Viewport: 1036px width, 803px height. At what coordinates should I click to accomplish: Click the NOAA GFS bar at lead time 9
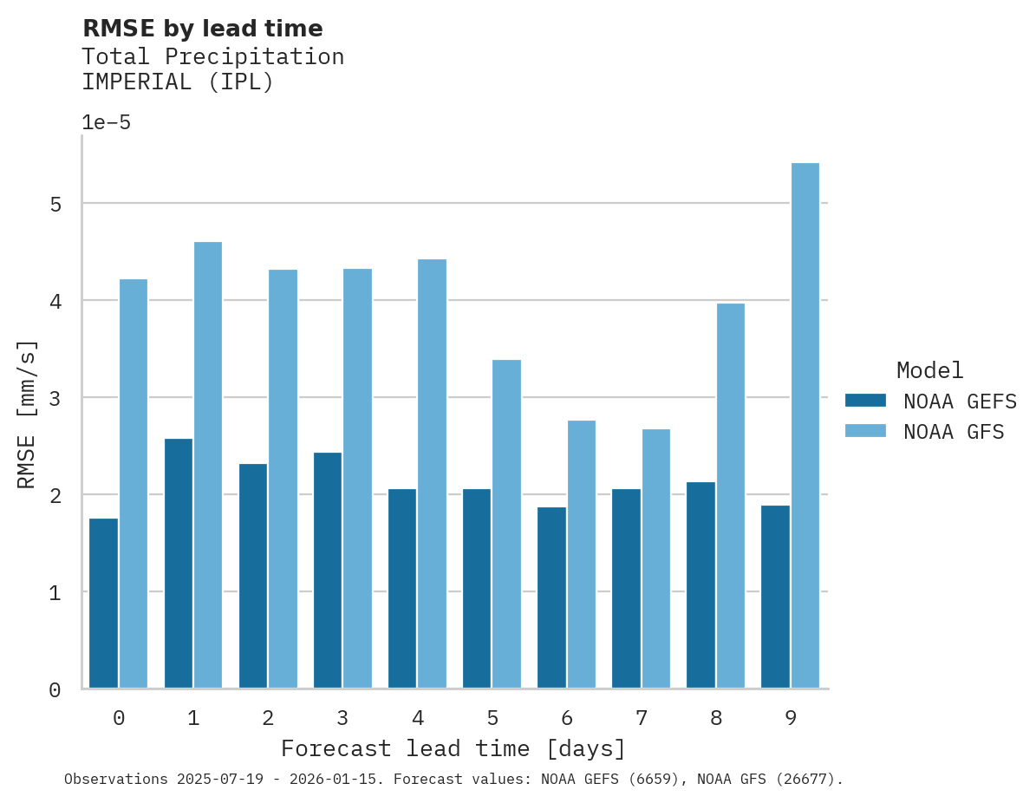[805, 426]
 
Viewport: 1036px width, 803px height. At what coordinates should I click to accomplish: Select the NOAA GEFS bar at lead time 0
[103, 604]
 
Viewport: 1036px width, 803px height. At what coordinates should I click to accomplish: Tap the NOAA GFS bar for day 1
[208, 465]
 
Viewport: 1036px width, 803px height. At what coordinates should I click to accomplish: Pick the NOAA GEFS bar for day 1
[178, 564]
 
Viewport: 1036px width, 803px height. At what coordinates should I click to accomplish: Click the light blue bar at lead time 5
[506, 524]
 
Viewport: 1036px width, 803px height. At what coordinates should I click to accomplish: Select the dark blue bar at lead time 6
[551, 597]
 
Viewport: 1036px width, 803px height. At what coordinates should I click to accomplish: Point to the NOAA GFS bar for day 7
[655, 558]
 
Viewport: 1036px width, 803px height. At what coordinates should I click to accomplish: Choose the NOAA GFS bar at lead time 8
[730, 495]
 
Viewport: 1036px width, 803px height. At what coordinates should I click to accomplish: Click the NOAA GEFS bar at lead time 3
[328, 570]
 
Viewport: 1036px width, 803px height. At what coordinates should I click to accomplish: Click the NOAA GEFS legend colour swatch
[865, 401]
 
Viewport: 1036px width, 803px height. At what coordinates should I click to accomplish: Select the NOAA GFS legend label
[953, 432]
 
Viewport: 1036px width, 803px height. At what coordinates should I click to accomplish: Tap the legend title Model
[929, 371]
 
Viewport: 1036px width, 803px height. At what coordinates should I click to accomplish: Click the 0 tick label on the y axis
[55, 690]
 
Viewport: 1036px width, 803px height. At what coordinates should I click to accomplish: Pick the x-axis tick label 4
[418, 719]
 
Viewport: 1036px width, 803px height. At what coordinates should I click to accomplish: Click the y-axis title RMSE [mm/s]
[28, 415]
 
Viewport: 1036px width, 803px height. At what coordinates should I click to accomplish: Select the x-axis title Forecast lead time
[453, 748]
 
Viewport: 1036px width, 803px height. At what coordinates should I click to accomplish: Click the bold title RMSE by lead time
[202, 29]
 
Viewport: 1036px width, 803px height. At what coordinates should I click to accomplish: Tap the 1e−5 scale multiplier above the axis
[106, 123]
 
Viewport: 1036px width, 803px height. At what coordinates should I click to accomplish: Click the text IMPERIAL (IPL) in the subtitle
[177, 83]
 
